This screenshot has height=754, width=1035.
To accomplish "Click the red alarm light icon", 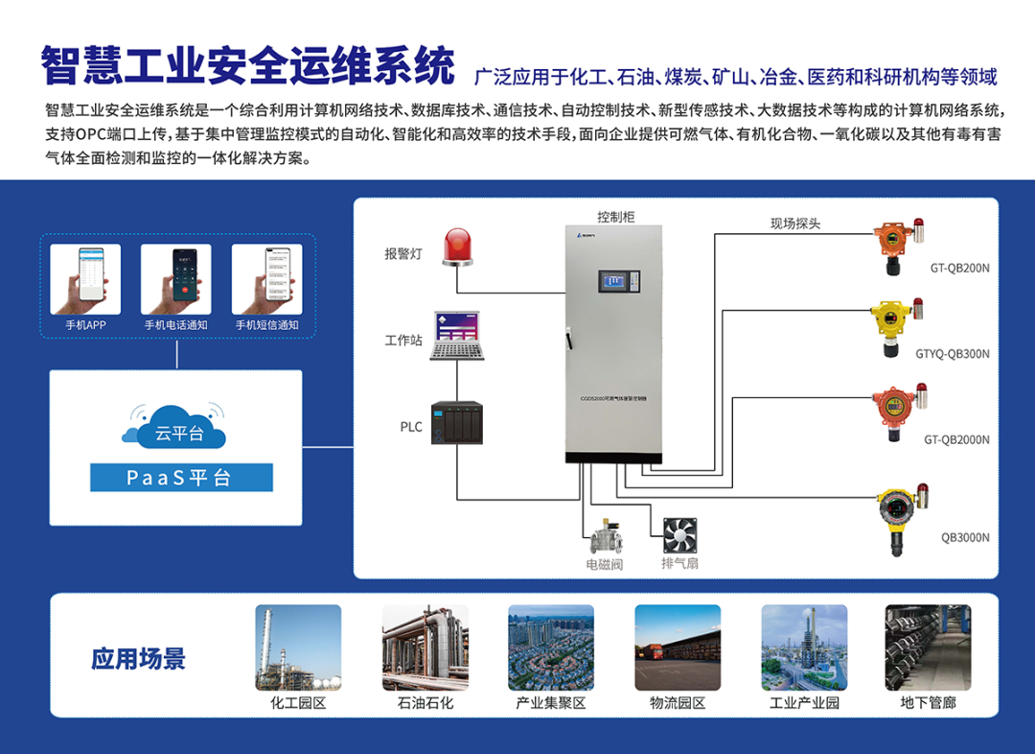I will click(x=457, y=246).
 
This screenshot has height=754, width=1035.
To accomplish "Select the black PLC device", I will click(x=456, y=423).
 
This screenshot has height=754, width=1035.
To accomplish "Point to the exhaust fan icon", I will click(x=679, y=533).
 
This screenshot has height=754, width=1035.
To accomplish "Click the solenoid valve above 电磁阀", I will click(x=605, y=533).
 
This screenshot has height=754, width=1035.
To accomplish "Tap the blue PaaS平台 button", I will click(x=181, y=478).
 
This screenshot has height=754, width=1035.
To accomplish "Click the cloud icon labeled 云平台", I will click(x=174, y=429).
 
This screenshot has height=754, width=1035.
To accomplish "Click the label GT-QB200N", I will click(x=959, y=269).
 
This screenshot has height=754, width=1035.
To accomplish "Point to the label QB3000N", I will click(x=965, y=537).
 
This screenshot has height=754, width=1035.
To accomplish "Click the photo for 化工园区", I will click(x=298, y=648).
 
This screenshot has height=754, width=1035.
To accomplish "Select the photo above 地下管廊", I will click(x=928, y=648).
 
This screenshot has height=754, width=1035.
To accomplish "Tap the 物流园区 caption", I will click(x=678, y=703).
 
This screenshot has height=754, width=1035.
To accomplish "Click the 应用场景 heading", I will click(x=138, y=658).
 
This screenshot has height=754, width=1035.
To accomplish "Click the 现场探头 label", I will click(x=795, y=224).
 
